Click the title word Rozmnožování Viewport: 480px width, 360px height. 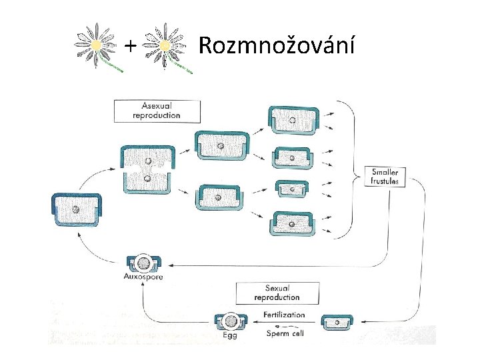277,45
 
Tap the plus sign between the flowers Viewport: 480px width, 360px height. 131,46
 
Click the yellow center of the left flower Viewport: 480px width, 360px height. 96,45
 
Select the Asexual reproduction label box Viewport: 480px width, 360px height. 157,111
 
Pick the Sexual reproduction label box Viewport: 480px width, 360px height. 277,293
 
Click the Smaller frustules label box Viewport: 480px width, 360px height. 385,177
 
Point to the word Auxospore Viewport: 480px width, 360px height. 143,277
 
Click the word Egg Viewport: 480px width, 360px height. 229,335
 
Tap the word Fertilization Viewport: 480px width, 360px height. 284,315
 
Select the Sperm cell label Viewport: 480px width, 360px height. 285,333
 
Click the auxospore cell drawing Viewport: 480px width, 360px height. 143,263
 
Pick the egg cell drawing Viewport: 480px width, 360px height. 231,321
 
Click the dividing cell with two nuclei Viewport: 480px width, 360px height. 147,169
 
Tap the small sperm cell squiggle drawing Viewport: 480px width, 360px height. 282,327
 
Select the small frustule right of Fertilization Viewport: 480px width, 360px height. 337,323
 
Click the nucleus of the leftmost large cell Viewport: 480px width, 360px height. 75,210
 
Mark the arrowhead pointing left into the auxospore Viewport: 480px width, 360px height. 171,265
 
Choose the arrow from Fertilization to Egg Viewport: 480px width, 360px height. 284,322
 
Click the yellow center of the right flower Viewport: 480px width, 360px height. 165,45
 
